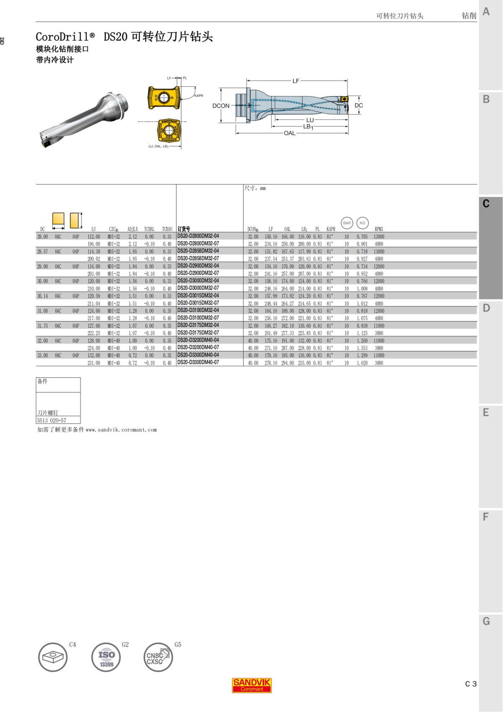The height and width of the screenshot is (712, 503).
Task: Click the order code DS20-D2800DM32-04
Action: [198, 236]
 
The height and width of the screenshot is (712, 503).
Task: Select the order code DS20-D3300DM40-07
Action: [198, 362]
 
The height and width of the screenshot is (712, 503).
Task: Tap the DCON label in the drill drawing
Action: [221, 106]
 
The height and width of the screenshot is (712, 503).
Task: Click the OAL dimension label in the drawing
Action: [290, 133]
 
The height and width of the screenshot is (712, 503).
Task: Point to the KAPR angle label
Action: [199, 96]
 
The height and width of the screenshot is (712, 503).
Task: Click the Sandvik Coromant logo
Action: [252, 685]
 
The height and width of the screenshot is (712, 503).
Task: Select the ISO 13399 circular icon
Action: [106, 657]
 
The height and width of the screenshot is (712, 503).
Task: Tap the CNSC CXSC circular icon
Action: [158, 657]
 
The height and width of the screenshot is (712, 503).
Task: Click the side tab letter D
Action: [486, 308]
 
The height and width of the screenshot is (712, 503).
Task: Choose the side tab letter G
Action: [486, 621]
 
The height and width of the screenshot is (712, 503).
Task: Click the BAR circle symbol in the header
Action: [347, 223]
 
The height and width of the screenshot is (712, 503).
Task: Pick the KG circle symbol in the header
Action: [363, 223]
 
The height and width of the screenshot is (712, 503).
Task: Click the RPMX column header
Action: [379, 229]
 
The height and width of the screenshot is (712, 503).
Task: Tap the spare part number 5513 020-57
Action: [52, 420]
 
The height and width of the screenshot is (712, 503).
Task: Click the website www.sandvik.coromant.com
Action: [121, 430]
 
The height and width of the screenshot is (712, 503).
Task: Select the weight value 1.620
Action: [362, 363]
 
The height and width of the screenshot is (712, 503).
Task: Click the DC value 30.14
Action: [42, 296]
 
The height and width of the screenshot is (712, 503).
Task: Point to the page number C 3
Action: [471, 684]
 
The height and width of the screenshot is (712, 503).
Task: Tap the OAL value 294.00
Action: [288, 363]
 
